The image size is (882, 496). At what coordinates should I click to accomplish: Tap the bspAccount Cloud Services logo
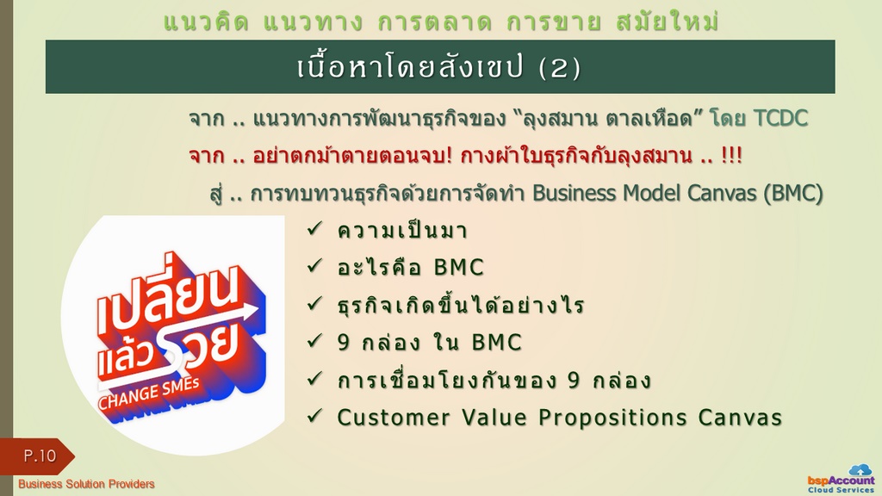[842, 479]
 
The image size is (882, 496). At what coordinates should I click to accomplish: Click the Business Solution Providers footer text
[86, 484]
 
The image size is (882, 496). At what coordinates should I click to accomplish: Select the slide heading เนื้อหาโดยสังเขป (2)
[438, 67]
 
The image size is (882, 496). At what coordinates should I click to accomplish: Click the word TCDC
[780, 119]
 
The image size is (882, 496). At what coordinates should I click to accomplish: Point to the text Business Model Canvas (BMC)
[677, 194]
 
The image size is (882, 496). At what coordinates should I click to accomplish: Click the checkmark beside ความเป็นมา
[314, 229]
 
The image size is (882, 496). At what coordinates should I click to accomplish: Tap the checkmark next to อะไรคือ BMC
[314, 266]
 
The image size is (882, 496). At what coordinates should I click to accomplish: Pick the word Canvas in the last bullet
[740, 418]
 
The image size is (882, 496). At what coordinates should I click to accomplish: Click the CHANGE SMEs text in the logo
[149, 393]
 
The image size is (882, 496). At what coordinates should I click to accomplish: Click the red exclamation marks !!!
[731, 156]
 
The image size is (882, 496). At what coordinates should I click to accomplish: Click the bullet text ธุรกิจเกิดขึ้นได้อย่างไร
[461, 305]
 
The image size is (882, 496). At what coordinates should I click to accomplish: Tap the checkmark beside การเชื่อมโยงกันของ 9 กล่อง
[314, 379]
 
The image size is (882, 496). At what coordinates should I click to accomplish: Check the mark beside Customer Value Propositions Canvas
[314, 416]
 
